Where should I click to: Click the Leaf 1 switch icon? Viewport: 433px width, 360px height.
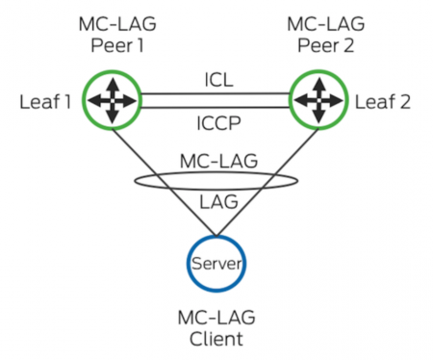coord(110,98)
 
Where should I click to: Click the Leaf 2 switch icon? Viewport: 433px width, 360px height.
coord(319,98)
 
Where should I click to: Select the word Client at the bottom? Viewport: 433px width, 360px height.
coord(215,339)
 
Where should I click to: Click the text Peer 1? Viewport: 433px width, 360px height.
coord(110,42)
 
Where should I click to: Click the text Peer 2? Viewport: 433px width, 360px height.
coord(320,42)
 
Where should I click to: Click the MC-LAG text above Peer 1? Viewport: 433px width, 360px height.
coord(110,20)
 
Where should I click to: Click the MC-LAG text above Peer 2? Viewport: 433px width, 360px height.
coord(320,20)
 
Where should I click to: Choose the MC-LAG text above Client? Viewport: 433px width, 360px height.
coord(215,317)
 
